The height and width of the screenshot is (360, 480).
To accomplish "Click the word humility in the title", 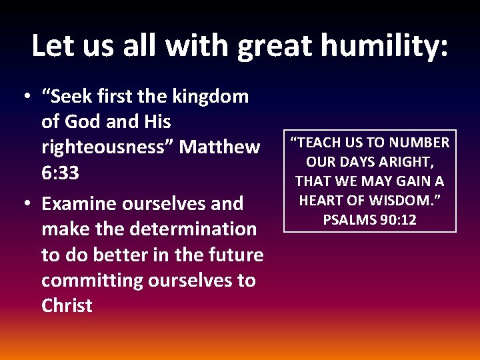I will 384,46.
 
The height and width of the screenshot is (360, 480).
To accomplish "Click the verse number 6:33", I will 60,173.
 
